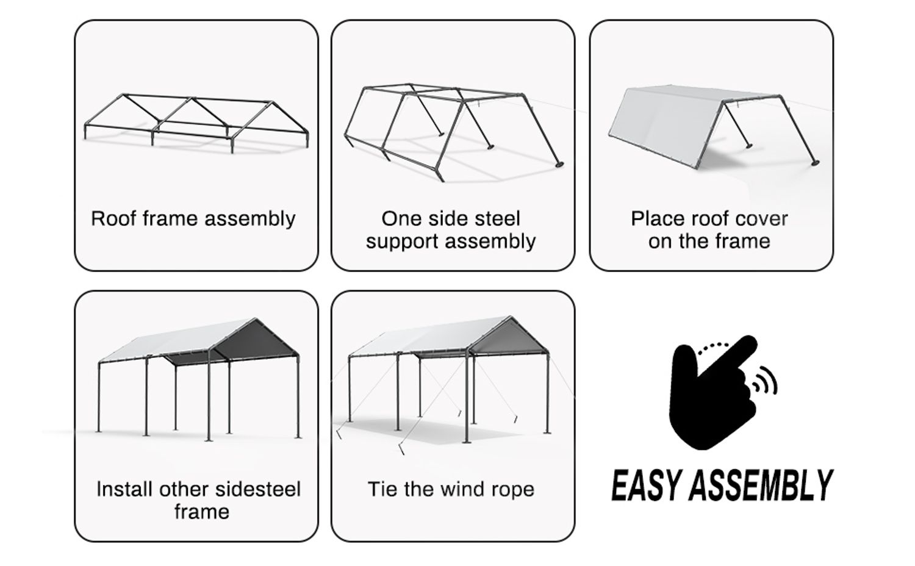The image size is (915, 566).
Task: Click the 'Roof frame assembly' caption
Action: (x=193, y=218)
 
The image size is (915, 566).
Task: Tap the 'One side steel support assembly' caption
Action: (x=451, y=230)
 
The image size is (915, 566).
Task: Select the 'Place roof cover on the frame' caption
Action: (x=709, y=230)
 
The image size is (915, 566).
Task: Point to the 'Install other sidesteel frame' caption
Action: (x=199, y=500)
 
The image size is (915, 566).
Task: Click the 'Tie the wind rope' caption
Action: (x=451, y=489)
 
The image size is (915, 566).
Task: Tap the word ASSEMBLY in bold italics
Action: (x=762, y=485)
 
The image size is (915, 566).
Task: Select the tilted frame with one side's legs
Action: (x=451, y=128)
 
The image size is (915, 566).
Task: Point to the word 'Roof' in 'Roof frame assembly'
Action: (x=113, y=218)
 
